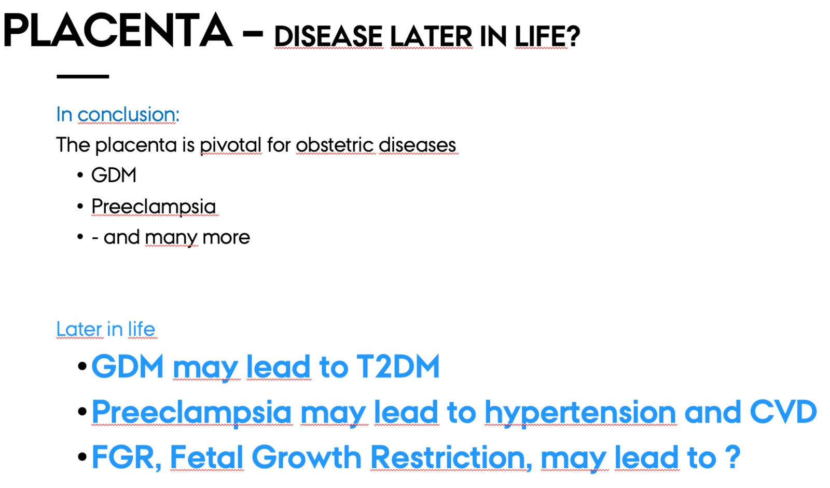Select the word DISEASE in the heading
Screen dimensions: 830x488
(328, 36)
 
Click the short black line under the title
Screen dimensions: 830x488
(82, 76)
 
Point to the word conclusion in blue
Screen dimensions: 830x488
(128, 114)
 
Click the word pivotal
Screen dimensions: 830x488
(231, 145)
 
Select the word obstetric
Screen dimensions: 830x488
(335, 145)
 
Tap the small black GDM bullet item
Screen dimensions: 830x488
(114, 175)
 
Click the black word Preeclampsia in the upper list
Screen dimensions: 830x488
(154, 207)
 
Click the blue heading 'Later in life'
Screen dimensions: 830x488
(106, 329)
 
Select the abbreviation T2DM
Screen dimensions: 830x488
(397, 367)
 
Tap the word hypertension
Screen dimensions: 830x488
(580, 412)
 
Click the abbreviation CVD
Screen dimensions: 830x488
(783, 411)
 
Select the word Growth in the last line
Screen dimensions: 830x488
(307, 457)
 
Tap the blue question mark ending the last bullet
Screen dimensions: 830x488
(732, 457)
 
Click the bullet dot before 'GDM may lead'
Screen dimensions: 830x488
(82, 367)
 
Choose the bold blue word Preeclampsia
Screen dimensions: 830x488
(191, 412)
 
